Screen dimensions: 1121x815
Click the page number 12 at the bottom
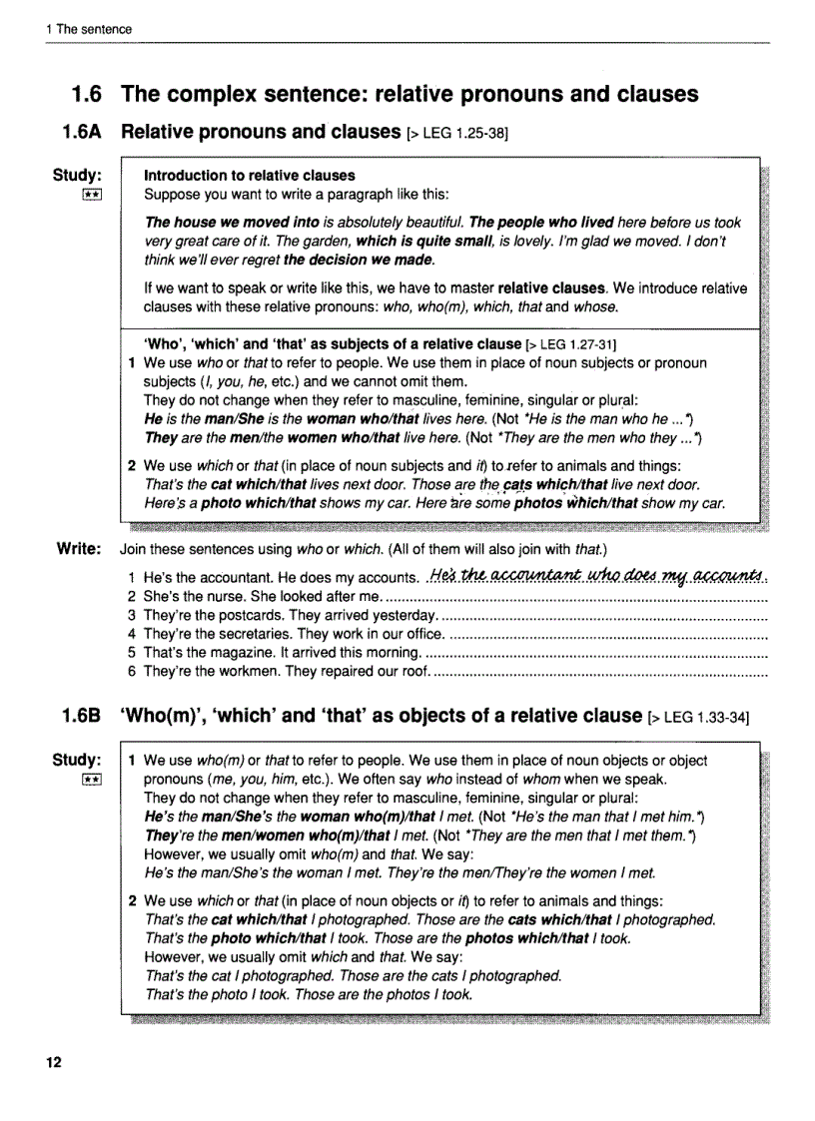point(53,1062)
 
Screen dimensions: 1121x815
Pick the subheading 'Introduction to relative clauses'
point(249,175)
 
